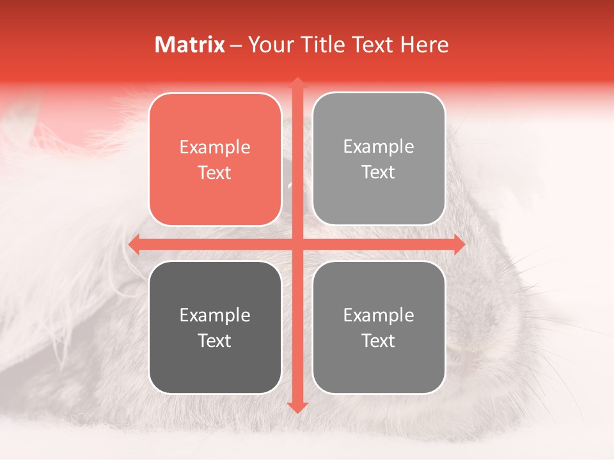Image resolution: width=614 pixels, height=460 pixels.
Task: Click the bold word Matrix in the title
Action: [190, 45]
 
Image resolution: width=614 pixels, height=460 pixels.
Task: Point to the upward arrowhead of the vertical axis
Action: [297, 83]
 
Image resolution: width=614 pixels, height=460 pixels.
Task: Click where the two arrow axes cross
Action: [297, 244]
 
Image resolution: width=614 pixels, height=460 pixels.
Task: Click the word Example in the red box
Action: [215, 148]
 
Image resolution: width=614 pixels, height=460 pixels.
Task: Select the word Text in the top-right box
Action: [379, 172]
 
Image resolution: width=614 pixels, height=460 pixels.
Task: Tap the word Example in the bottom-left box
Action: [215, 315]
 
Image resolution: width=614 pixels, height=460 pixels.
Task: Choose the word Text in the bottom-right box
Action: [379, 341]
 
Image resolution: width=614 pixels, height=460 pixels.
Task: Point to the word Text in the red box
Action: [215, 173]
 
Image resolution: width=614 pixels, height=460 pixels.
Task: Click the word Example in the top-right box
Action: [379, 147]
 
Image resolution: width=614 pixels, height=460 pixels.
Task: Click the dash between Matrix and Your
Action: [236, 45]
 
